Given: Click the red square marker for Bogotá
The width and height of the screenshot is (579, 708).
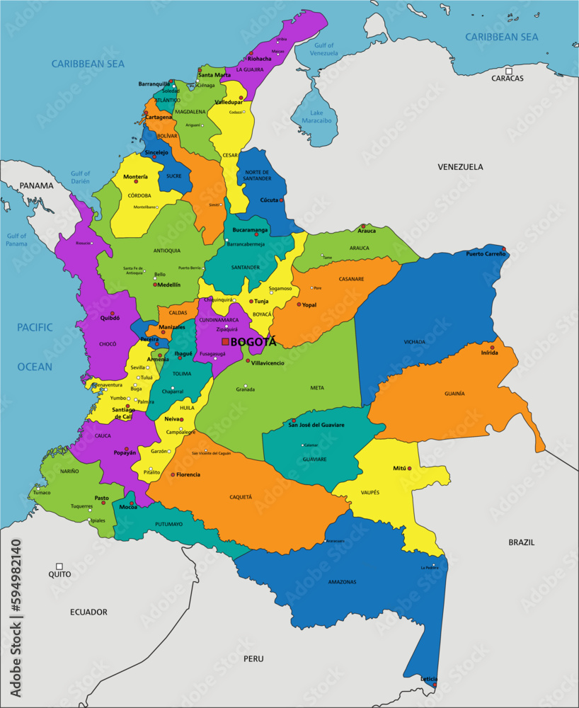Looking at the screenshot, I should pos(225,342).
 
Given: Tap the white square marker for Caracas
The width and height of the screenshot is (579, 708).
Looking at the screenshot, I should pos(508,71).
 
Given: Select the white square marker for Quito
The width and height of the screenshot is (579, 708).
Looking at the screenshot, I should pos(59,566).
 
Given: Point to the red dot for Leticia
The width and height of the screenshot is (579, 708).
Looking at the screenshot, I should pos(435,685).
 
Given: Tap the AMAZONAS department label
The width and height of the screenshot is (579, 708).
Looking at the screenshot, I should pos(342,582).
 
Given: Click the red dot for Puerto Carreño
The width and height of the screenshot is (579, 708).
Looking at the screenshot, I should pos(503,249).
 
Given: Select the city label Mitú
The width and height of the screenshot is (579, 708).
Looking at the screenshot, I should pos(400,469).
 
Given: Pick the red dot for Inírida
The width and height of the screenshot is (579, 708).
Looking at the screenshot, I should pos(493,348).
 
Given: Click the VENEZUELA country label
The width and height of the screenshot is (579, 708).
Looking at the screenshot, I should pos(460,167).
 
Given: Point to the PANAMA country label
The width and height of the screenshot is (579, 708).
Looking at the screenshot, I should pos(36,186).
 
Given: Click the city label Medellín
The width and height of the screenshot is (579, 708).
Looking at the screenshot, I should pos(168,285).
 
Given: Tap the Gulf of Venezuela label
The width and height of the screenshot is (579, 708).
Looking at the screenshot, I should pos(324,50).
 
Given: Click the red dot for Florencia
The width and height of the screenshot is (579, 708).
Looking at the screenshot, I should pos(173,474).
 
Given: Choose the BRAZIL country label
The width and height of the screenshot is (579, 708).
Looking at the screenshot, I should pos(522,542).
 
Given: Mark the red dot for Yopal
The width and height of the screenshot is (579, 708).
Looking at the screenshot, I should pos(299,304).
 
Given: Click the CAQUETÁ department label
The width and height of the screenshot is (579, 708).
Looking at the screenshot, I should pos(241,497).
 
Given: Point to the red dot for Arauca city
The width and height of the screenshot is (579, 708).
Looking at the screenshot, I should pos(363,227).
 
